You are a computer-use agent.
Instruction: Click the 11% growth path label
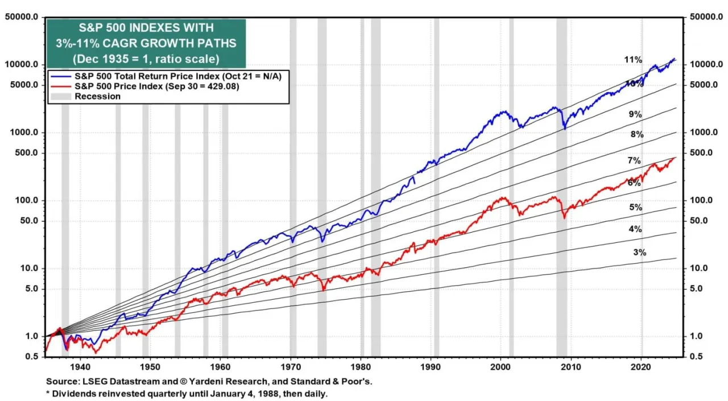(x=632, y=60)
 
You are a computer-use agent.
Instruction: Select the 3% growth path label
(x=639, y=252)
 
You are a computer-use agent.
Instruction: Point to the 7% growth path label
(x=634, y=161)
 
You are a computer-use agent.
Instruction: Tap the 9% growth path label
(x=635, y=114)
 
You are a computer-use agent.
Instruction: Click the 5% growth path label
(x=635, y=208)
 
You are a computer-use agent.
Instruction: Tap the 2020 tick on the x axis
(x=642, y=368)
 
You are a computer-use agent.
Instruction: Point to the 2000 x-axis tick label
(x=501, y=368)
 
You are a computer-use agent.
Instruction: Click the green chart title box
(x=146, y=43)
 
